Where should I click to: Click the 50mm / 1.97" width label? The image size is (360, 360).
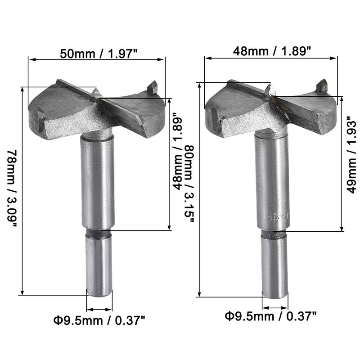point(99,54)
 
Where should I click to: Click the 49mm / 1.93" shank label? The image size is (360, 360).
point(351,154)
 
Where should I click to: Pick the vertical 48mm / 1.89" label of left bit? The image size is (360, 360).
point(177,152)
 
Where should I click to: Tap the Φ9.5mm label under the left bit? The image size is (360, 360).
point(99,320)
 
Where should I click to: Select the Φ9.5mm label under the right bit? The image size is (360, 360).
point(271,316)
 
